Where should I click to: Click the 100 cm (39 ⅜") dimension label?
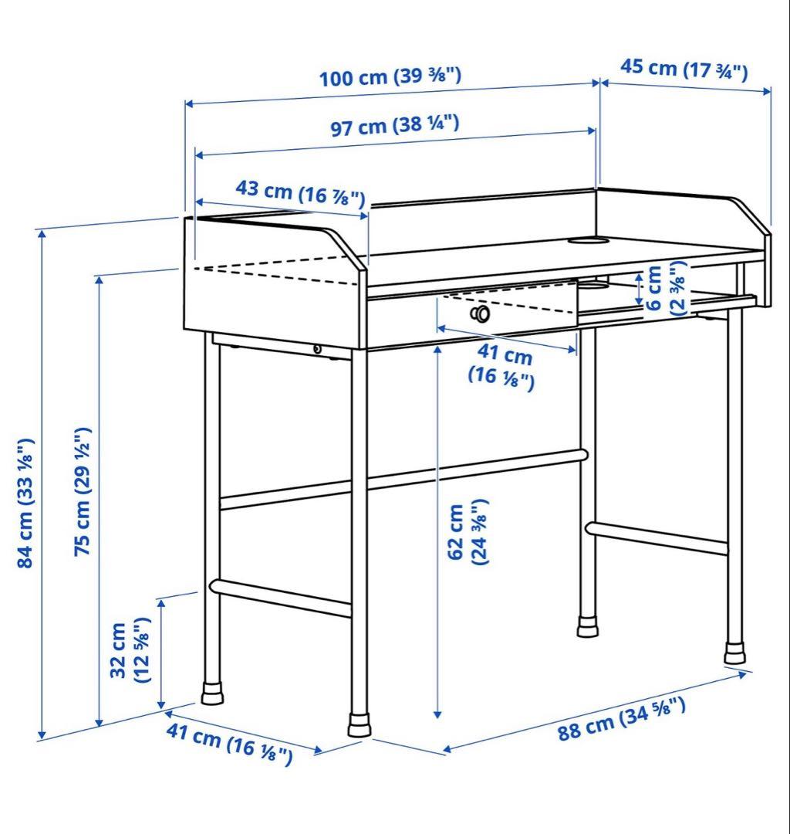(x=390, y=76)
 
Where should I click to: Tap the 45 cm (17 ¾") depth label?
(x=684, y=69)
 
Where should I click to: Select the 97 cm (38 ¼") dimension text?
(x=395, y=126)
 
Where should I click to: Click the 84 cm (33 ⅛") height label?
(x=25, y=503)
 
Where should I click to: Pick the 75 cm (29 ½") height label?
(x=83, y=491)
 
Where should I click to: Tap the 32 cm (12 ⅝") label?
(x=130, y=650)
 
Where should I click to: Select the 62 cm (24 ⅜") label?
(x=467, y=532)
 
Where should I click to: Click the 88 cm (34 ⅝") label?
(x=622, y=719)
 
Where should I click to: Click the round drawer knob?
(x=481, y=314)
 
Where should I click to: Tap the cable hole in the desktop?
(x=588, y=240)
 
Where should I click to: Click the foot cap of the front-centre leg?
(x=360, y=724)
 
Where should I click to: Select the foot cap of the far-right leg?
(x=735, y=653)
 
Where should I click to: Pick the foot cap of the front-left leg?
(x=212, y=693)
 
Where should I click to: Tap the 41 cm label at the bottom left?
(x=229, y=744)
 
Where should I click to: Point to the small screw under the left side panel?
(x=317, y=350)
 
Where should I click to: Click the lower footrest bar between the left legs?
(x=281, y=598)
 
